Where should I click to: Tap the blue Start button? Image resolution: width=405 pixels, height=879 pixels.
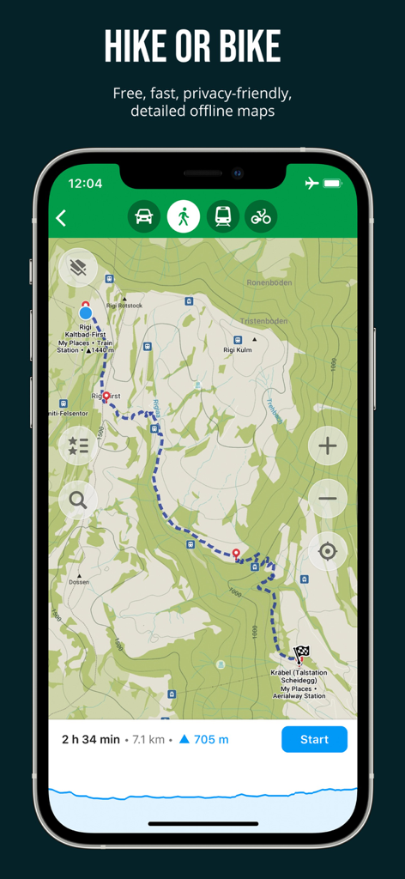[314, 739]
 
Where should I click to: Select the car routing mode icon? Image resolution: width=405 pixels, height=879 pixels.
[144, 216]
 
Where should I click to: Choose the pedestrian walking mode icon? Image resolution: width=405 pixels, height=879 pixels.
[184, 216]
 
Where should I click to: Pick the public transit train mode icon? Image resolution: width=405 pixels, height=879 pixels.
[222, 216]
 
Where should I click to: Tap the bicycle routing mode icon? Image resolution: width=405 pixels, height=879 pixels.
[261, 216]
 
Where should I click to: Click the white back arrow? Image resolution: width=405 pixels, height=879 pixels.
[62, 218]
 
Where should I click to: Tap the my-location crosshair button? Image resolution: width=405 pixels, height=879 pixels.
[327, 551]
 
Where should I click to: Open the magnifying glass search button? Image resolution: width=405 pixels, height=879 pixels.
[78, 499]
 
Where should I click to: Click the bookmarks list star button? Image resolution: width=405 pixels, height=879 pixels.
[78, 445]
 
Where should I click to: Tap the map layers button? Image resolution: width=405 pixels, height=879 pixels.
[78, 269]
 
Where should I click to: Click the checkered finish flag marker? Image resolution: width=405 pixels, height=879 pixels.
[302, 653]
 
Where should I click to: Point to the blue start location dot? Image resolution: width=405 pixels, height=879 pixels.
[85, 313]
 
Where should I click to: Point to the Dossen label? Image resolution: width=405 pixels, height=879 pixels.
[79, 583]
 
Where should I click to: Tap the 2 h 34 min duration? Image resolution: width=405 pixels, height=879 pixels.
[91, 739]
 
